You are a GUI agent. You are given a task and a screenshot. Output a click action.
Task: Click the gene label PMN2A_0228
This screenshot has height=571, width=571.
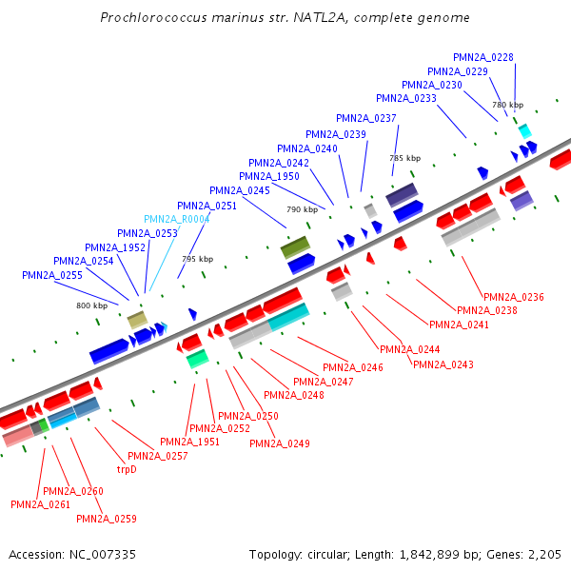tap(483, 57)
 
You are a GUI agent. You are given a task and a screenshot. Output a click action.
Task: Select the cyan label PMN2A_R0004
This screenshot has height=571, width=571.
tap(176, 219)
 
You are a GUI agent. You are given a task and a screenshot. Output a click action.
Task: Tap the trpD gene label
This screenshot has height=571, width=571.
tap(127, 469)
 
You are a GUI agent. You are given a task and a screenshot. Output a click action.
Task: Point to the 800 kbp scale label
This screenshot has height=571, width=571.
tap(92, 305)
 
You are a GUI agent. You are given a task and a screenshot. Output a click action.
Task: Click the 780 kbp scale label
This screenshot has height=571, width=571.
tap(507, 105)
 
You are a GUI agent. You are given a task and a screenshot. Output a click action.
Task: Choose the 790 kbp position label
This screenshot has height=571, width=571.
tap(302, 209)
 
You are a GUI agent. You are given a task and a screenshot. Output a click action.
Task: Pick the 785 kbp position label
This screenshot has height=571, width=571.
tap(404, 158)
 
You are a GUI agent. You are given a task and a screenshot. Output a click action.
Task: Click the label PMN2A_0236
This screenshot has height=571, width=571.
tap(514, 298)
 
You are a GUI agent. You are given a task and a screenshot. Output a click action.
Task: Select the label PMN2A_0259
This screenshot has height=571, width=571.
tap(107, 519)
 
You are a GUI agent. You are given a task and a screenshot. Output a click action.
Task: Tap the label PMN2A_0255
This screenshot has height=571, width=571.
tap(52, 275)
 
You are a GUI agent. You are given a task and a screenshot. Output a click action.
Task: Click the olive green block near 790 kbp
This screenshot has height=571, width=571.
tap(295, 247)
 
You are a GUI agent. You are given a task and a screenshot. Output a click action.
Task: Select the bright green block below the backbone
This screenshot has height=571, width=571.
tap(197, 359)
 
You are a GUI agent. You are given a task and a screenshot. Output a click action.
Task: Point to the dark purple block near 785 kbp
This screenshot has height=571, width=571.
tap(402, 193)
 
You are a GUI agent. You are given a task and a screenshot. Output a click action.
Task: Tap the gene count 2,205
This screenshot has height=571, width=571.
tap(544, 554)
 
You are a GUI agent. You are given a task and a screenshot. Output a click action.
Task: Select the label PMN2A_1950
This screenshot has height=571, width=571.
tap(269, 176)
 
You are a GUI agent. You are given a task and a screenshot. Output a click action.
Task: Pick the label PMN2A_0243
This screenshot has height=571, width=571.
tap(443, 364)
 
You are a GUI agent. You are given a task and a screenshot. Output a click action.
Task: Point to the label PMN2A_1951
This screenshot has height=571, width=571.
tap(189, 442)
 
